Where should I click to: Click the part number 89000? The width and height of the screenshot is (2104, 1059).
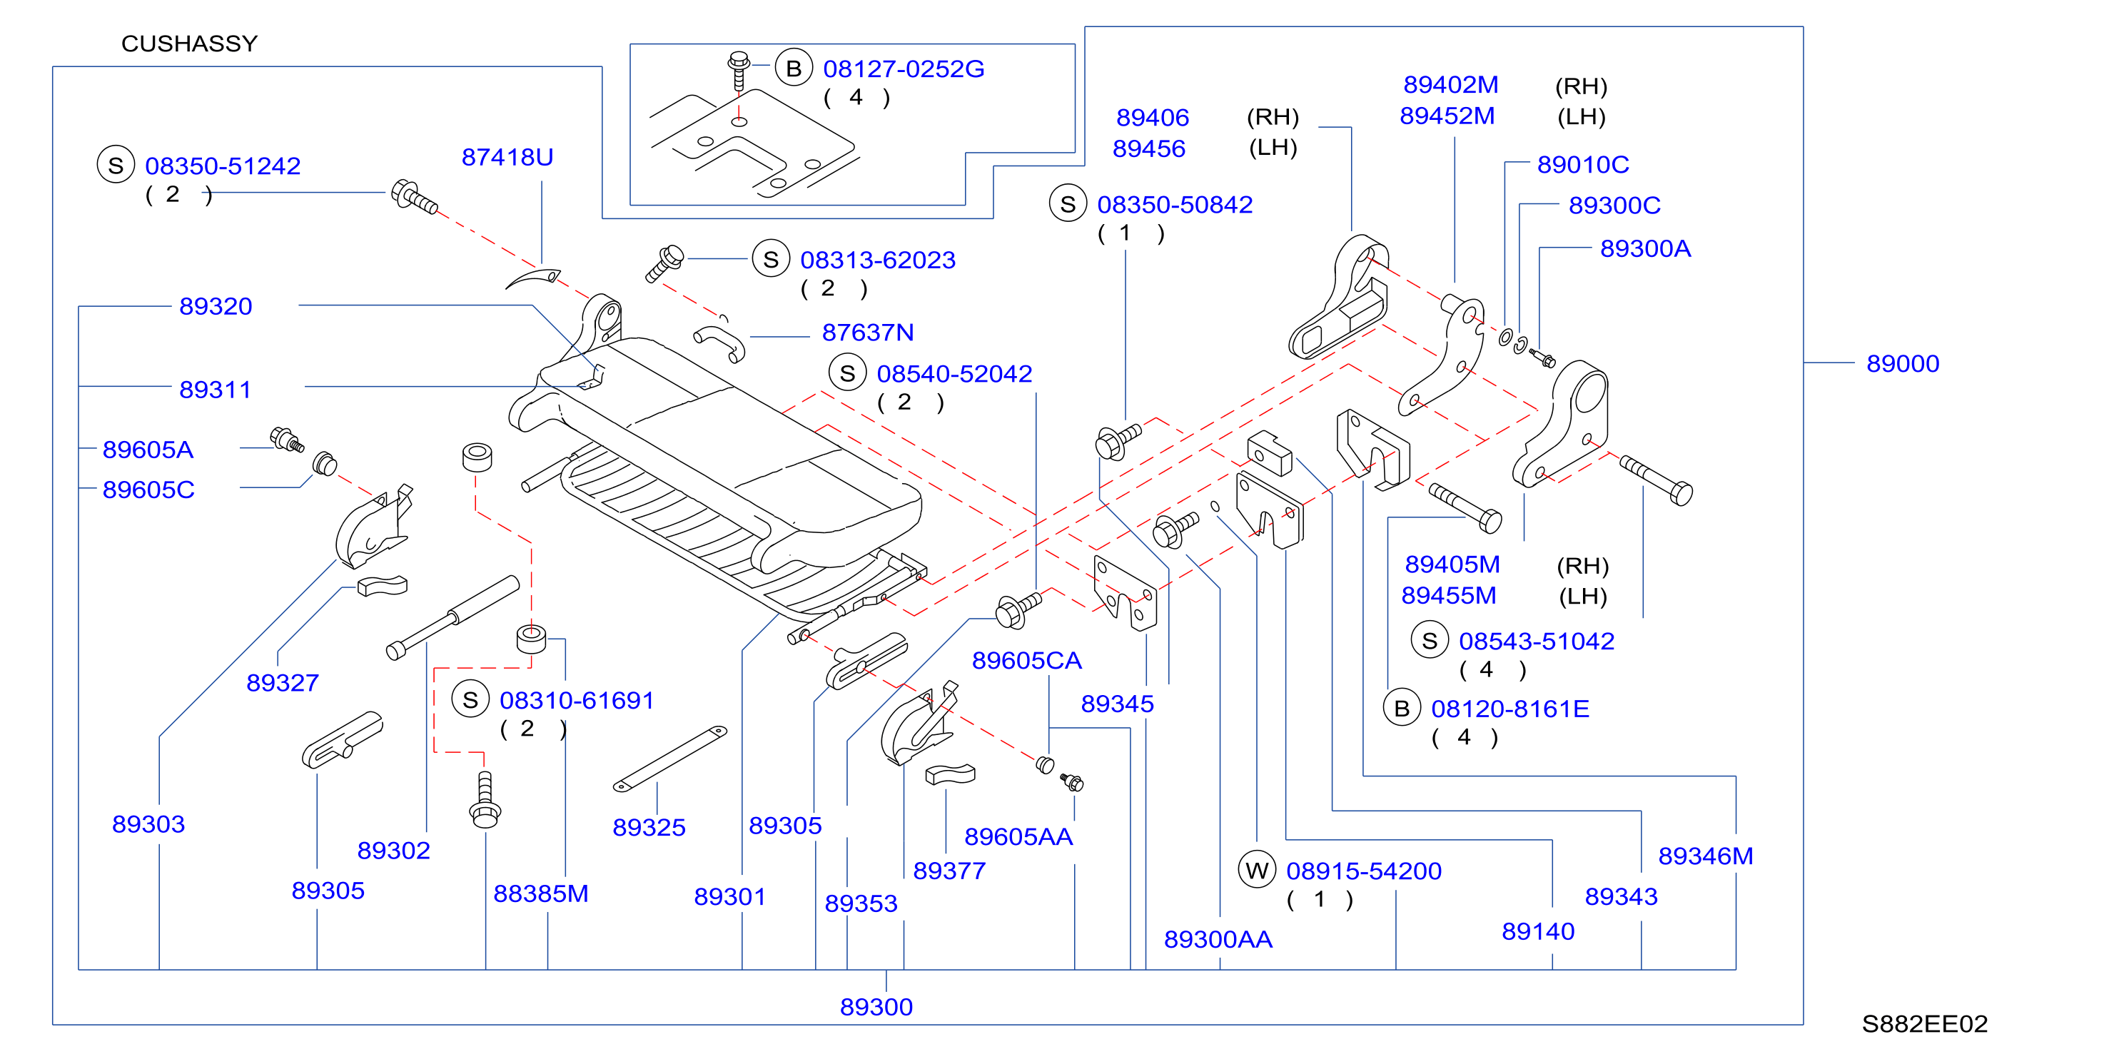[x=1902, y=363]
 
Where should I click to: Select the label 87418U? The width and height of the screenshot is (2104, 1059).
[x=507, y=157]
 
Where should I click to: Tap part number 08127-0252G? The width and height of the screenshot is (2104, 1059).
[x=904, y=69]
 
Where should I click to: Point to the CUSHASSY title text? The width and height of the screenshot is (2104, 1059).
[x=190, y=44]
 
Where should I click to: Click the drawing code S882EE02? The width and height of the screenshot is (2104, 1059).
[x=1924, y=1023]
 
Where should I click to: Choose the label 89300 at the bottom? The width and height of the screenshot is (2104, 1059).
[x=876, y=1007]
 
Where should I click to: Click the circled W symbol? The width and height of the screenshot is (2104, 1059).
[x=1257, y=871]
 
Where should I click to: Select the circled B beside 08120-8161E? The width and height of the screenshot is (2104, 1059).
[x=1402, y=709]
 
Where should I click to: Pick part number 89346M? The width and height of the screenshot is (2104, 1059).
[x=1706, y=856]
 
